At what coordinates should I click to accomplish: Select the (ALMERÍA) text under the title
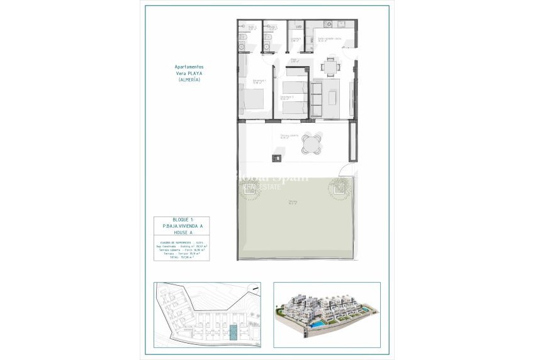coord(189,80)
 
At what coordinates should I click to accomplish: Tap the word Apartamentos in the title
coord(189,67)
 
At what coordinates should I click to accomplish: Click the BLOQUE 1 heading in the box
coord(179,220)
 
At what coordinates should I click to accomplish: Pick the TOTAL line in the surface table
coord(178,257)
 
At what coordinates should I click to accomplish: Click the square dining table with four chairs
coord(330,65)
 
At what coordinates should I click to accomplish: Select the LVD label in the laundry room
coord(298,27)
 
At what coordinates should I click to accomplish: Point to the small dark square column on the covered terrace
coord(276,158)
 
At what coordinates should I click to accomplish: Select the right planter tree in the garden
coord(340,187)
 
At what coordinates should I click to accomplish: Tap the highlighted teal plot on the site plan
coord(234,331)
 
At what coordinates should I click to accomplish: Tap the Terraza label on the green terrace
coord(292,202)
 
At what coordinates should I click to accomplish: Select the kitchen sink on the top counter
coord(342,25)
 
